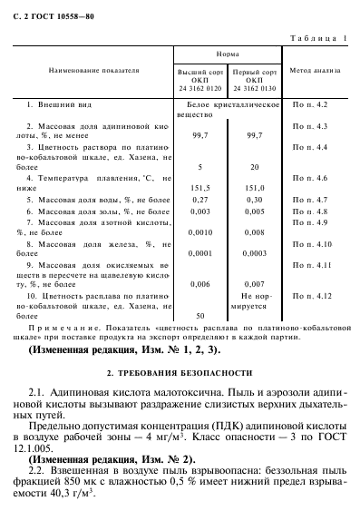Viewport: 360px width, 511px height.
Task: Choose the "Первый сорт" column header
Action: click(248, 78)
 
